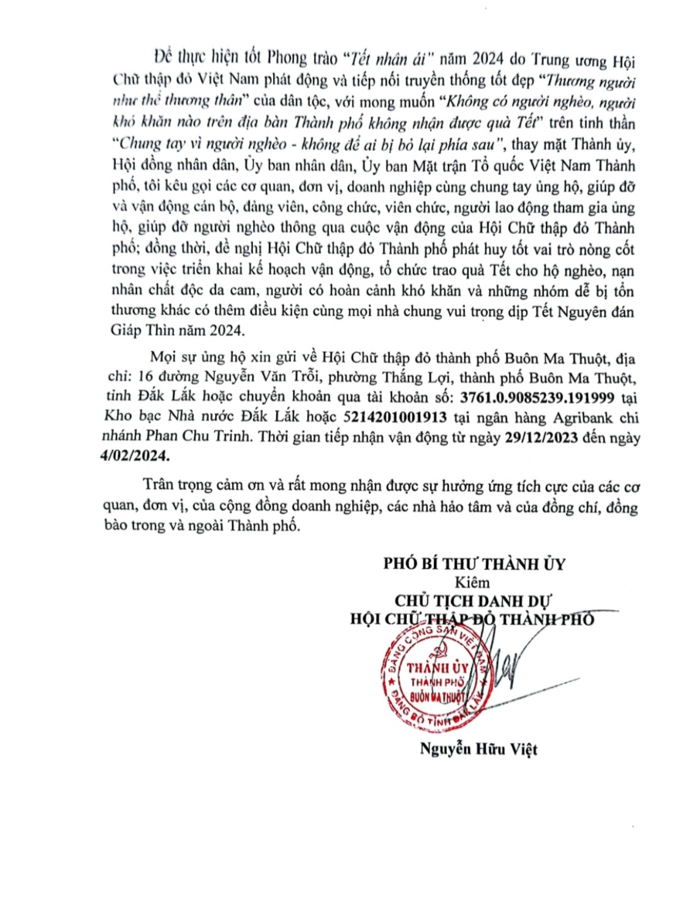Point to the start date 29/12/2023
pos(543,438)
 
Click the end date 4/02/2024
pos(138,458)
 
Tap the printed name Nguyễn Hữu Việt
pos(478,748)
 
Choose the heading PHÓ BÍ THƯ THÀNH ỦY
pos(475,564)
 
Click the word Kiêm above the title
pos(473,582)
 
